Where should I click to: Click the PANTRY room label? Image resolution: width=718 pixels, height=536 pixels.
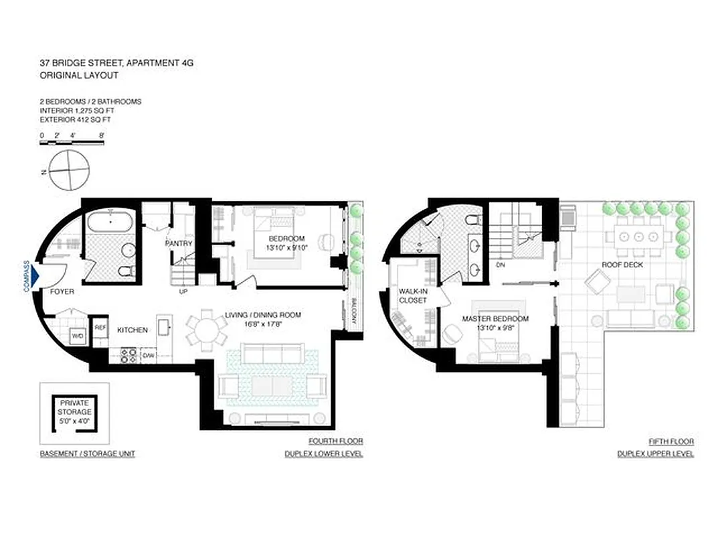tap(179, 243)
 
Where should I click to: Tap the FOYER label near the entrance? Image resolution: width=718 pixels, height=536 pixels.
tap(62, 292)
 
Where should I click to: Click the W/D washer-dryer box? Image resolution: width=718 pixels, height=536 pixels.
tap(77, 336)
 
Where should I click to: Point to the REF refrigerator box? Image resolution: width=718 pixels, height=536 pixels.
tap(100, 328)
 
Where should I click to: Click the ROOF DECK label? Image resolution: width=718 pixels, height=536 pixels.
tap(619, 265)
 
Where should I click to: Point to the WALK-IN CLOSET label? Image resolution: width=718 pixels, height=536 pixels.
tap(413, 296)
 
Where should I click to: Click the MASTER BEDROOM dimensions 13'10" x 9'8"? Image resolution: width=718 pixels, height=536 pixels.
tap(495, 328)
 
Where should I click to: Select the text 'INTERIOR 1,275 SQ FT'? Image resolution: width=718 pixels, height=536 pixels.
tap(75, 111)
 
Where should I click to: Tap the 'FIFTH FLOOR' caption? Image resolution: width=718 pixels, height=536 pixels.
tap(671, 442)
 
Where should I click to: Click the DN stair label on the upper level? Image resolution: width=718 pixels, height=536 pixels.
tap(499, 265)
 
